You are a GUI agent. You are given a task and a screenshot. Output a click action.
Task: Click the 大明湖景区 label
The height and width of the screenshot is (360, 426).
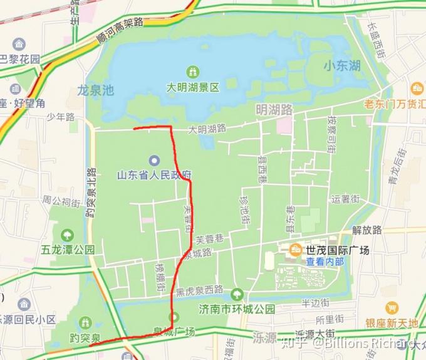tap(192, 88)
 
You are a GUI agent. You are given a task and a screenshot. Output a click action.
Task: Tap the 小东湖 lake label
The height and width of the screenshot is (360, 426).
tap(342, 65)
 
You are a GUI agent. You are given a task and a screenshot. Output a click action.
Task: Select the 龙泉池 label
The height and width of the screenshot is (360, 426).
tap(96, 90)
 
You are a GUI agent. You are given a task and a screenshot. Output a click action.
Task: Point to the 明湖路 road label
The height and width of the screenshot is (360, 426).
tap(274, 110)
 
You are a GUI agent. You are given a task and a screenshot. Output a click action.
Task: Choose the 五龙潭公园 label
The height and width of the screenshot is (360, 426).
tap(68, 250)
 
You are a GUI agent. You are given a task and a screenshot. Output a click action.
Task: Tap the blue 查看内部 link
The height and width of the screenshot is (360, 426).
tap(325, 262)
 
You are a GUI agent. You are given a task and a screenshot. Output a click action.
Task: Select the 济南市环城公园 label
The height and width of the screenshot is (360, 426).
tap(237, 309)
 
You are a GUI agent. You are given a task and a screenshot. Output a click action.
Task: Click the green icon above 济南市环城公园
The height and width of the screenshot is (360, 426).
tap(237, 294)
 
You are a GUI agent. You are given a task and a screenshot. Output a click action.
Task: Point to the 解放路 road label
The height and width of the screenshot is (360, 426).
tap(367, 230)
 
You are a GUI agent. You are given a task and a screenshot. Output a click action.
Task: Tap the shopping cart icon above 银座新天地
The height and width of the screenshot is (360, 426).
tap(392, 308)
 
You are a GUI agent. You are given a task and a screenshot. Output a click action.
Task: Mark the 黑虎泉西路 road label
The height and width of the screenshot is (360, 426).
tap(199, 290)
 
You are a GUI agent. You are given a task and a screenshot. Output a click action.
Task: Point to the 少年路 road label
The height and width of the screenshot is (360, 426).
tap(61, 117)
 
